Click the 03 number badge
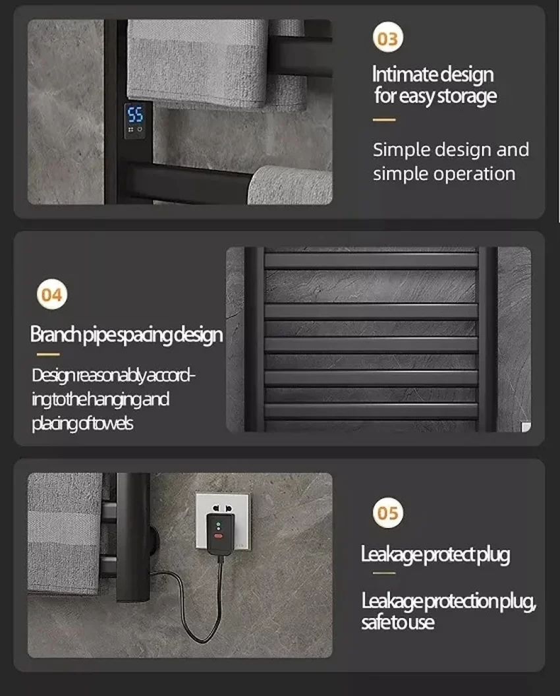tap(388, 38)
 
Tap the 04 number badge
tap(52, 295)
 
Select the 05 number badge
tap(388, 513)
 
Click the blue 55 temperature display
tap(135, 115)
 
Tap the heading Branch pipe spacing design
tap(126, 335)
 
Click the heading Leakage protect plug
tap(435, 555)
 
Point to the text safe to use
tap(397, 622)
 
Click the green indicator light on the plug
tap(218, 524)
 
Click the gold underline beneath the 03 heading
tap(384, 119)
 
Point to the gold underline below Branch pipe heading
tap(48, 354)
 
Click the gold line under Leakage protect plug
tap(384, 573)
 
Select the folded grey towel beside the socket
tap(65, 533)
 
